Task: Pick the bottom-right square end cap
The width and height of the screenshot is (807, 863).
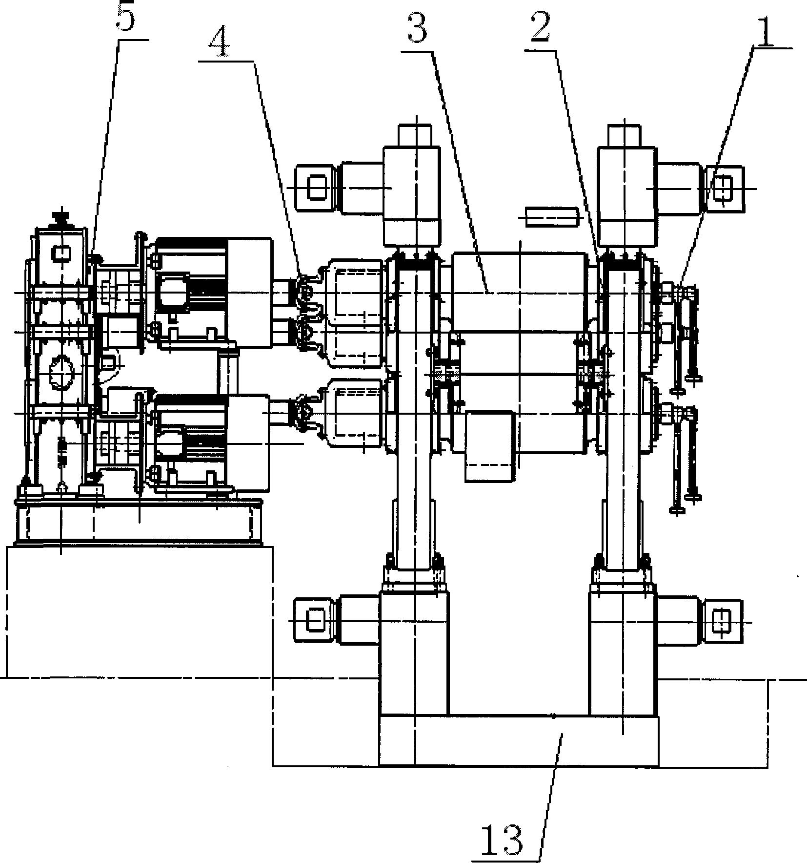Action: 722,621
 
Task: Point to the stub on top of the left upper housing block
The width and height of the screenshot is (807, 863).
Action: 415,136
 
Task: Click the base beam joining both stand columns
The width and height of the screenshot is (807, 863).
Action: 519,740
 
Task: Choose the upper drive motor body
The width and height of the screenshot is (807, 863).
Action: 213,293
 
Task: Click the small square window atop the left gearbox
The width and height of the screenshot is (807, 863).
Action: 61,253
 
